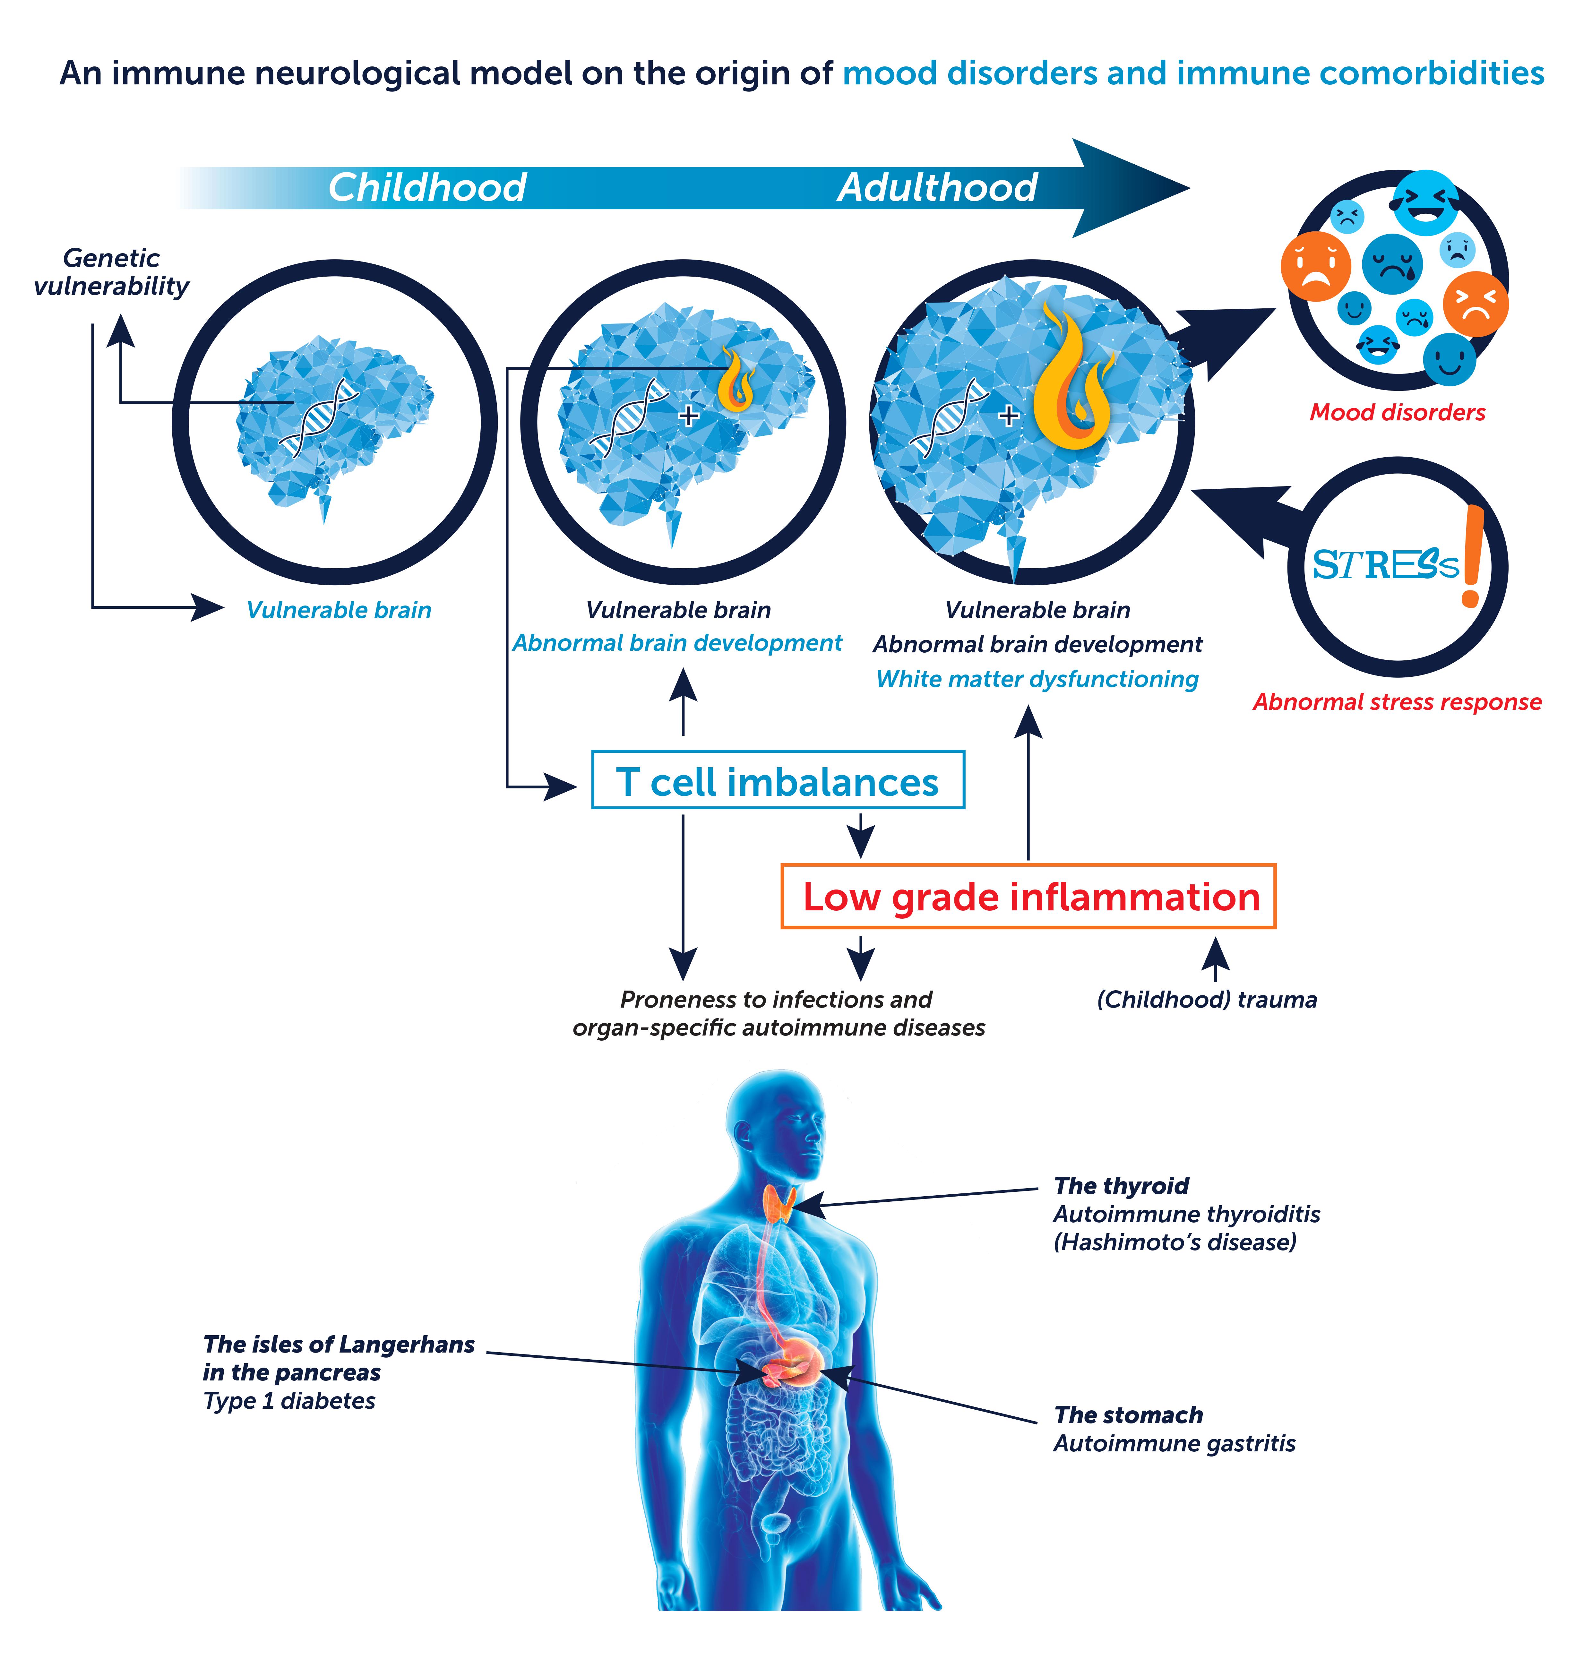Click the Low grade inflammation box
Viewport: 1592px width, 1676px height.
click(x=1028, y=896)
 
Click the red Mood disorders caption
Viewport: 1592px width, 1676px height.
click(x=1397, y=412)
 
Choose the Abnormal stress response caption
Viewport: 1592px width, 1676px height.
click(x=1397, y=702)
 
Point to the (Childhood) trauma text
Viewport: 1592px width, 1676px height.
click(x=1207, y=1000)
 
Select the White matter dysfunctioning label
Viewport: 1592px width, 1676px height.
click(x=1037, y=679)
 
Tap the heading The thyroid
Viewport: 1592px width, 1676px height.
click(x=1121, y=1185)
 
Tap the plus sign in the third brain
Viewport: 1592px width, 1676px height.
click(x=1008, y=416)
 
